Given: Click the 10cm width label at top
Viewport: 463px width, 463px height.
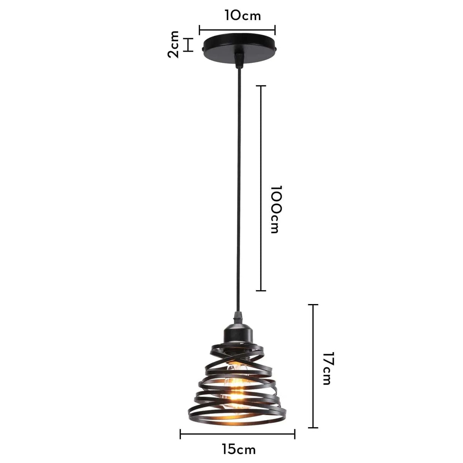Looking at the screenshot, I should tap(237, 16).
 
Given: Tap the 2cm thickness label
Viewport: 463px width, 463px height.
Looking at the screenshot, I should tap(174, 44).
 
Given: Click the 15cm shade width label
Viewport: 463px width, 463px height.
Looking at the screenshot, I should tap(239, 449).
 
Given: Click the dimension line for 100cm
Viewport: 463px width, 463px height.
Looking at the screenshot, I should tap(261, 188).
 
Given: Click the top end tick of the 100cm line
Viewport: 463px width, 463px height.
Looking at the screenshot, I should tap(261, 86).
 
